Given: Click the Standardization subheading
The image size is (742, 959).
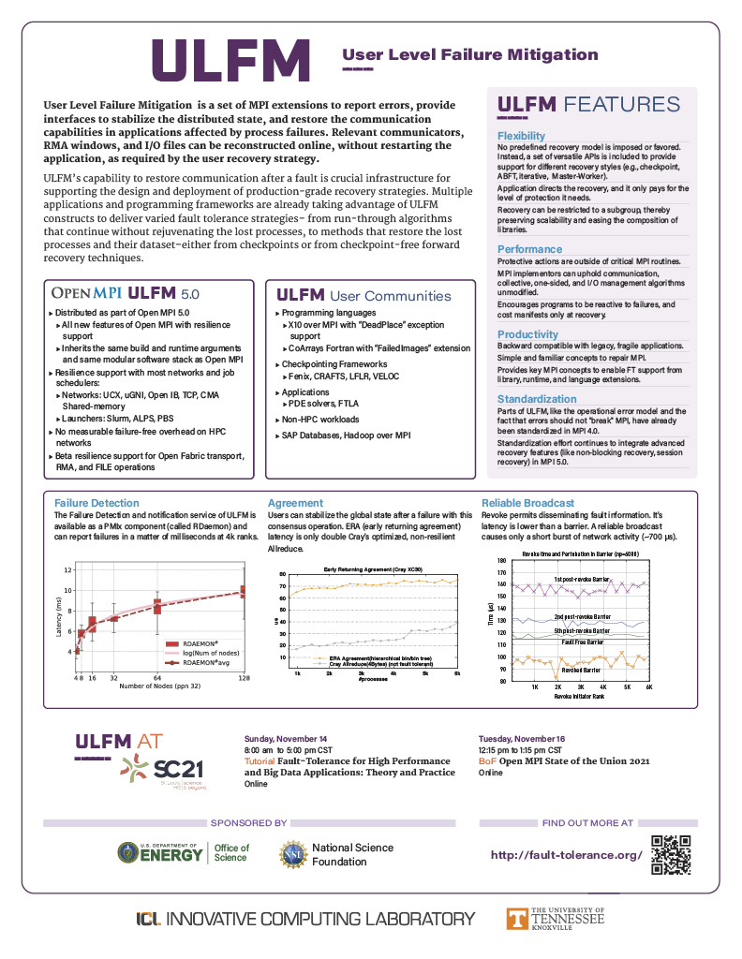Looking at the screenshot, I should click(537, 399).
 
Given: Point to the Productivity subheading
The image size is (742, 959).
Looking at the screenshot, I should click(527, 334).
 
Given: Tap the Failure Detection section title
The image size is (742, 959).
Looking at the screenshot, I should click(96, 503).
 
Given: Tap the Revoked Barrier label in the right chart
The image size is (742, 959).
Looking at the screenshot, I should click(581, 671).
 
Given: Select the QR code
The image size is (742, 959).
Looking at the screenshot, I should click(670, 854).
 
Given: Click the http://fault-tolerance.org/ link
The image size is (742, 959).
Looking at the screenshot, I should click(567, 855).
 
